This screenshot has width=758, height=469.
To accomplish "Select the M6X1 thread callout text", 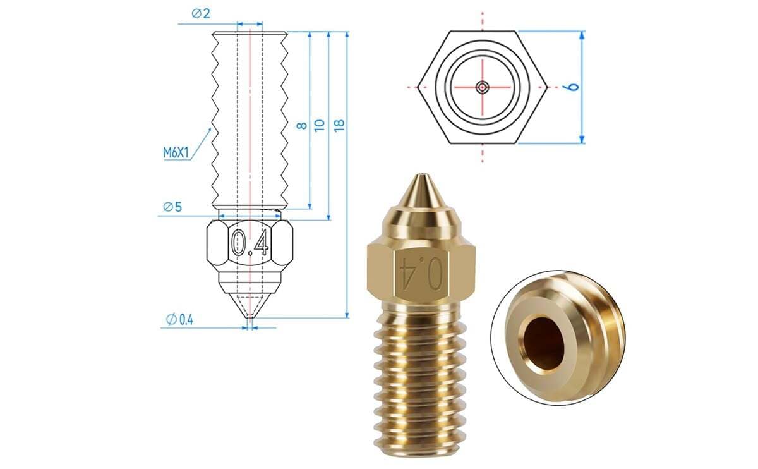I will point(176,152).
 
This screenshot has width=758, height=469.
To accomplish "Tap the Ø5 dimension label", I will point(172,207).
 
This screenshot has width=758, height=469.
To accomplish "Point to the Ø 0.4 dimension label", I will point(179,320).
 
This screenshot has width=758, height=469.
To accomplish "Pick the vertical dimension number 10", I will point(320,125).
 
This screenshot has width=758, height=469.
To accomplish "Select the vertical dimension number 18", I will point(339,125).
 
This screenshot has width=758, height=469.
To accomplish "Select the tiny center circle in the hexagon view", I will point(483,87).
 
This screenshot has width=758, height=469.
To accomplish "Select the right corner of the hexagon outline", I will point(547,87).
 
